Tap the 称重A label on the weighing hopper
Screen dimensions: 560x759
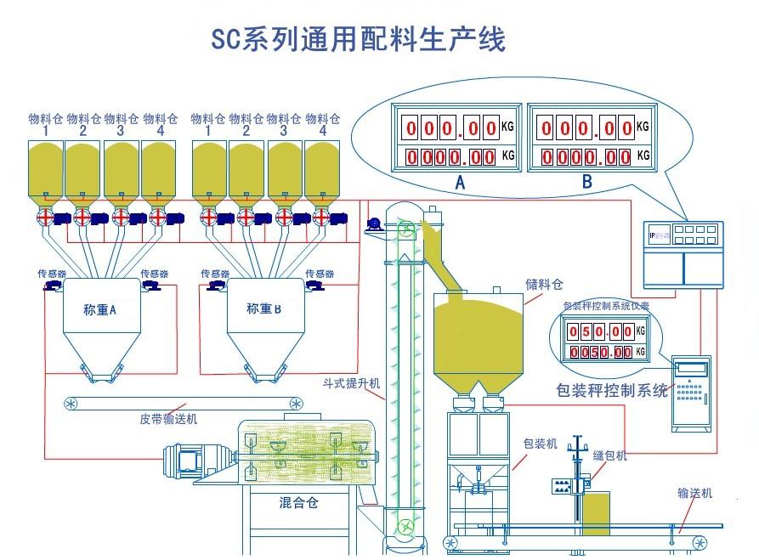99,310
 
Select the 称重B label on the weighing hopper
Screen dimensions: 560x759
263,309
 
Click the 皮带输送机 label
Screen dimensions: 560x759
168,419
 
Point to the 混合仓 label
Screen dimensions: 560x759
298,502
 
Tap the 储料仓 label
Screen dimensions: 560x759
544,285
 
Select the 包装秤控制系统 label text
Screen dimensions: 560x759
611,391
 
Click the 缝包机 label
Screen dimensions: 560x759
609,456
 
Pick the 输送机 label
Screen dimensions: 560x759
694,493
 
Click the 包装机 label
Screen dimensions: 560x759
540,444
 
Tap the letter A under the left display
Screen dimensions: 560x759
460,182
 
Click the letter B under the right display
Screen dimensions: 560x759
586,182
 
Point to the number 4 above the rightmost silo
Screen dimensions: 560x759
323,131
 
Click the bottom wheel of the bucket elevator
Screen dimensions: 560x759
407,526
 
